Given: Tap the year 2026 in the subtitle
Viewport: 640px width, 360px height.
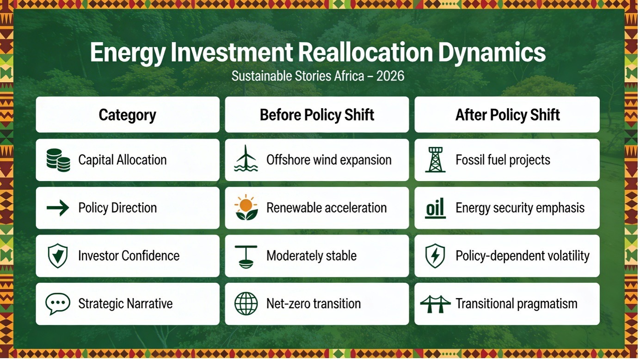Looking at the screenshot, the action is (390, 76).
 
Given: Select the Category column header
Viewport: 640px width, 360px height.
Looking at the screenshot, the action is (128, 115).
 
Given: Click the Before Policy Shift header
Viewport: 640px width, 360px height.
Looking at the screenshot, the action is (317, 115).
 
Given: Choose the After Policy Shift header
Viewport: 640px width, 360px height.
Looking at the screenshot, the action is (507, 115).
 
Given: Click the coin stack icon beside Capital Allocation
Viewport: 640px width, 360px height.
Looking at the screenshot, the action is (58, 160).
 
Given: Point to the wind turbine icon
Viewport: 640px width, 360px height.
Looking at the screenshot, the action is (246, 158).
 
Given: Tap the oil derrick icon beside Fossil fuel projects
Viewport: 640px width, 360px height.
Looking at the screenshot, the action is (435, 159).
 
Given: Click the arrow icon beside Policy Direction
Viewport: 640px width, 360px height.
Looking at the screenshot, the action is (58, 207).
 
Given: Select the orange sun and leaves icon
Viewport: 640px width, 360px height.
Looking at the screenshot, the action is (246, 207).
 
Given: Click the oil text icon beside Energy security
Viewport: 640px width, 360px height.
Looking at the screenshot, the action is (435, 208).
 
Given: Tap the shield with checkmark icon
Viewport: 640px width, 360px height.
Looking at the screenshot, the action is (58, 256).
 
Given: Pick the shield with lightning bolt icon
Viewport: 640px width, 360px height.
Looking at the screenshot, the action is (435, 256).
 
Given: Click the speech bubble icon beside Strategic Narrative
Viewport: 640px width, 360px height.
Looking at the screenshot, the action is (58, 304).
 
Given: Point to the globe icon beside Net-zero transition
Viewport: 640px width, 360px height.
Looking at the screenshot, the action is (246, 304).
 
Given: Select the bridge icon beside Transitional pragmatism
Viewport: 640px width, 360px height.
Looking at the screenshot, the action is (435, 304).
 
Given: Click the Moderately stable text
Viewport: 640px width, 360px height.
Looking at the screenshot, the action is (311, 256).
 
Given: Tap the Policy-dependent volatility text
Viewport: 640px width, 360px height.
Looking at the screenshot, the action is (523, 256).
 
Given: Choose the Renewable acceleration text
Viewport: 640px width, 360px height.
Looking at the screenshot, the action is (326, 207).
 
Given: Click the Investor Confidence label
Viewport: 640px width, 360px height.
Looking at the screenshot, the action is (129, 256).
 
